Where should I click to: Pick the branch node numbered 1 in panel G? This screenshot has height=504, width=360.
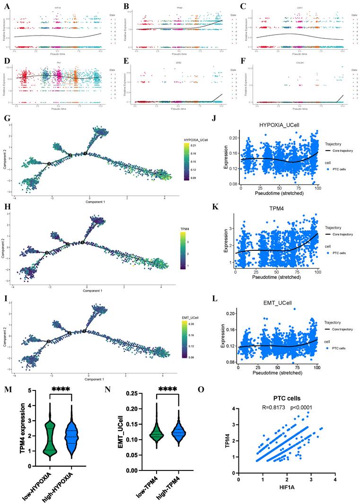click(85, 153)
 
